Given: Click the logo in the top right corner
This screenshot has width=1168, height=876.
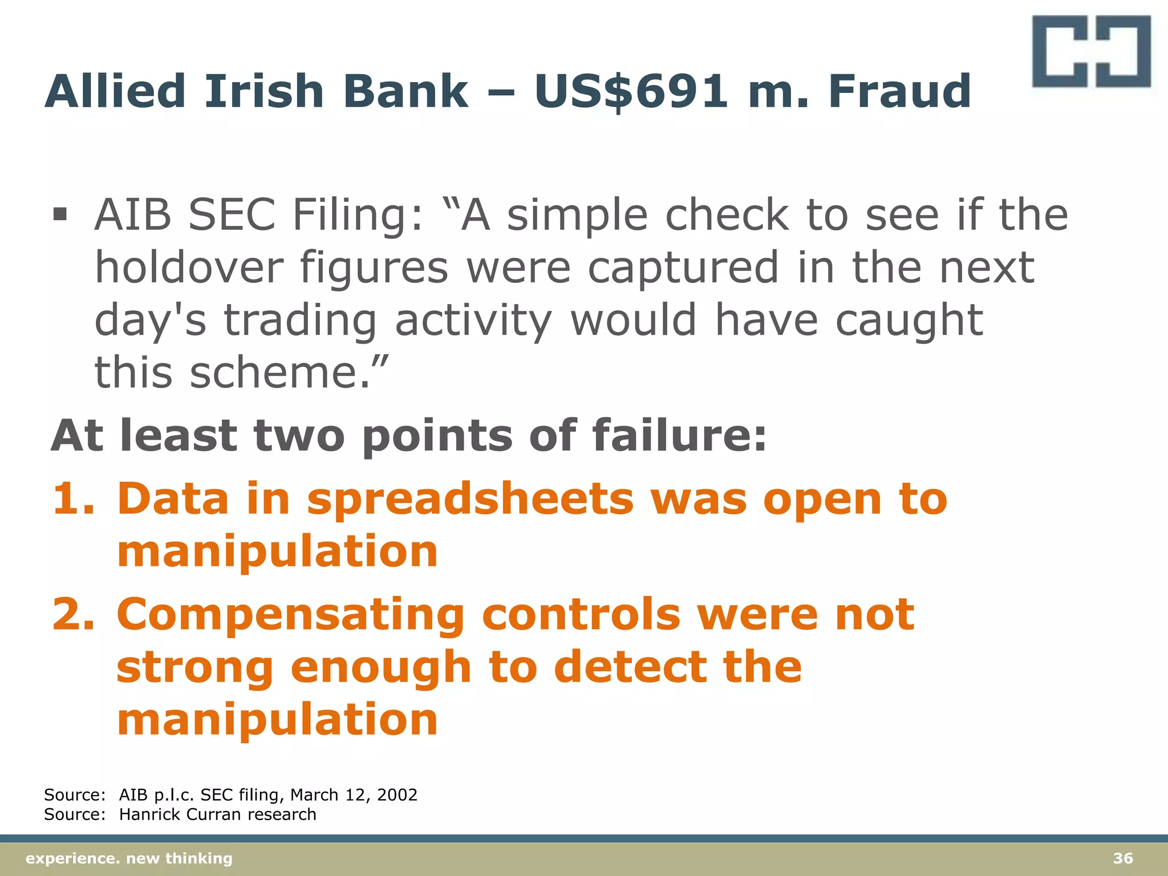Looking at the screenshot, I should click(1090, 51).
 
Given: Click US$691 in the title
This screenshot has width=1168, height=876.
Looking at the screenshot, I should click(631, 91).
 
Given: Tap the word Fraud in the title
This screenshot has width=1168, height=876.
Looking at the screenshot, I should click(899, 91).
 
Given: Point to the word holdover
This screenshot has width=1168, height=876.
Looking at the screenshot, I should click(189, 267).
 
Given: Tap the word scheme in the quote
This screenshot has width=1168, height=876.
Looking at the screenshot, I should click(274, 372).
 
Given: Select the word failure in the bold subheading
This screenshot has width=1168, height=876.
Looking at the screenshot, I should click(679, 436).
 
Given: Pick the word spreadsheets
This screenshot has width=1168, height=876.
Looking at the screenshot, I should click(470, 498).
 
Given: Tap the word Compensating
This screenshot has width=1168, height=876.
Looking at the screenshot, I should click(291, 614).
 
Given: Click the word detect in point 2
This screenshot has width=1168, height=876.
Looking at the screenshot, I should click(629, 667).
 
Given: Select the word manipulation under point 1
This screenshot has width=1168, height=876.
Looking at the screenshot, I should click(277, 551).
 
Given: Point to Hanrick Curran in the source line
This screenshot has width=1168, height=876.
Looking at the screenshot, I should click(181, 814).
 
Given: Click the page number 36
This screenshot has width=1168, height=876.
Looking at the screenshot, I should click(1123, 858).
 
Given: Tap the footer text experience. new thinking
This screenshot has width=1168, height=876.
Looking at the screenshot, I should click(129, 858).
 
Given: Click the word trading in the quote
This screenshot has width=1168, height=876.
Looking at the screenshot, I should click(300, 319).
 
